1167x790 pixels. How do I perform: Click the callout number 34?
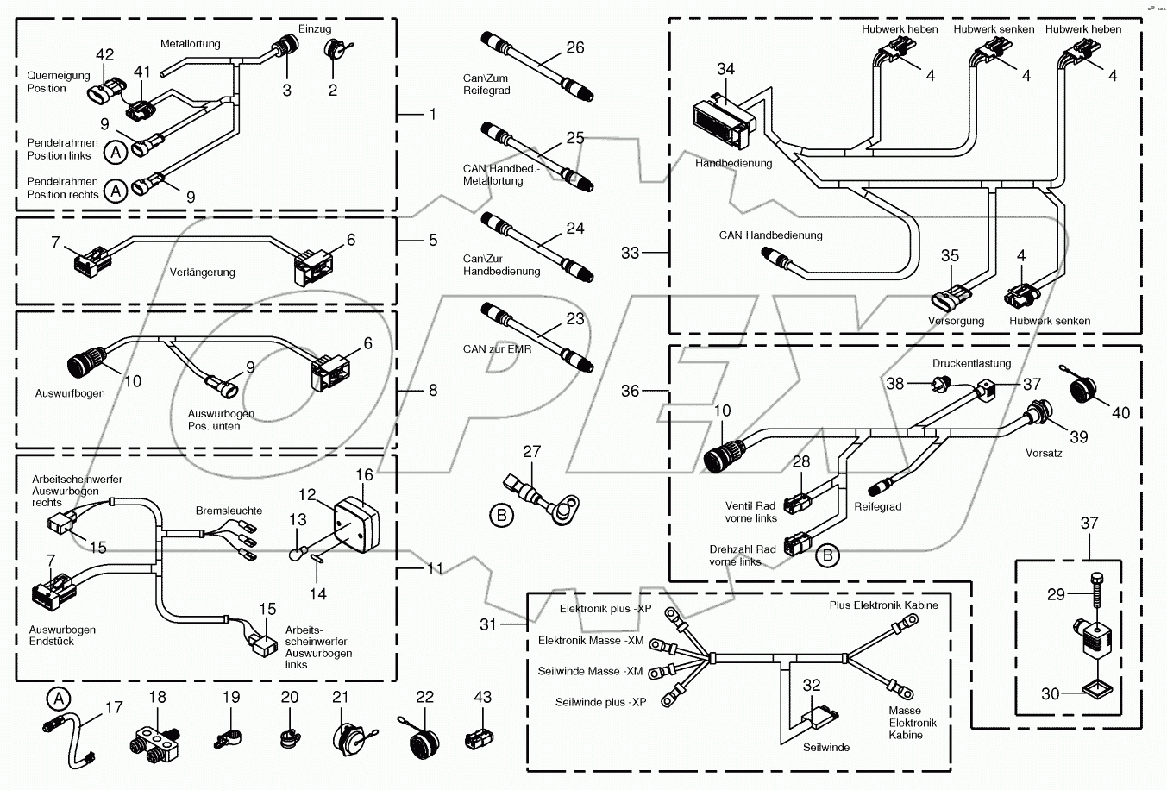pos(725,69)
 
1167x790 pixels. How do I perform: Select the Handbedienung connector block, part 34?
pos(721,121)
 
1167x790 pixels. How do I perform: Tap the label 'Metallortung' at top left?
pos(190,43)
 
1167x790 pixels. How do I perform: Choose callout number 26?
pos(574,47)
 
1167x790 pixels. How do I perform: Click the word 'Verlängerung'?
pos(202,273)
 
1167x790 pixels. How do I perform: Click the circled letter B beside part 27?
pos(500,516)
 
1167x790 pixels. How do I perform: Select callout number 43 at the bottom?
pos(483,697)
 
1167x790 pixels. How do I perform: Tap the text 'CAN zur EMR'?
pos(497,349)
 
